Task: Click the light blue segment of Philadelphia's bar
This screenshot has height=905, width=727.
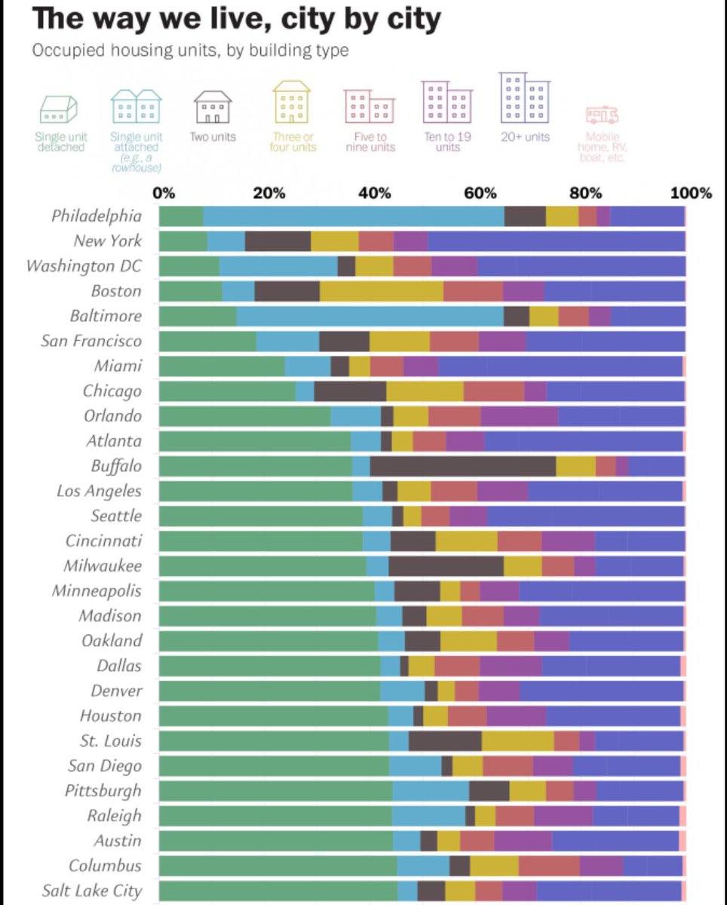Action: coord(353,216)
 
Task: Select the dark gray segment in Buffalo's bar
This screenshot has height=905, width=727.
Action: coord(462,465)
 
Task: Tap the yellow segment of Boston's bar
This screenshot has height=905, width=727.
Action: coord(381,290)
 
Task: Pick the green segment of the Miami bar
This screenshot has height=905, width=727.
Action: coord(222,366)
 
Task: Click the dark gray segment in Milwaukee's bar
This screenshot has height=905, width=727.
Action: coord(446,566)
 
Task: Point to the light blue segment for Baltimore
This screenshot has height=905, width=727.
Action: coord(370,316)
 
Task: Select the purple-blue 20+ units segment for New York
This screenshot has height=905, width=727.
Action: coord(556,241)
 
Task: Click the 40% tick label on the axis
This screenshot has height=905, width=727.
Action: coord(375,193)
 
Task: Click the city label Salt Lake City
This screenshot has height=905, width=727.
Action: coord(91,890)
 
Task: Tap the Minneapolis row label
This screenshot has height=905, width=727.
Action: coord(96,591)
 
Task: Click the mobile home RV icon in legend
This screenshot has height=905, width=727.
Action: coord(602,115)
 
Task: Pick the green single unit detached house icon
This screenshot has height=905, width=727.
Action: coord(59,110)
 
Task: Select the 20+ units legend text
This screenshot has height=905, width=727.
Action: coord(525,137)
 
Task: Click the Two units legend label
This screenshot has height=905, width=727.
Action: coord(213,137)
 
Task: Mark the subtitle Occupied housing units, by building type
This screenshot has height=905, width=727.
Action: coord(190,51)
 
